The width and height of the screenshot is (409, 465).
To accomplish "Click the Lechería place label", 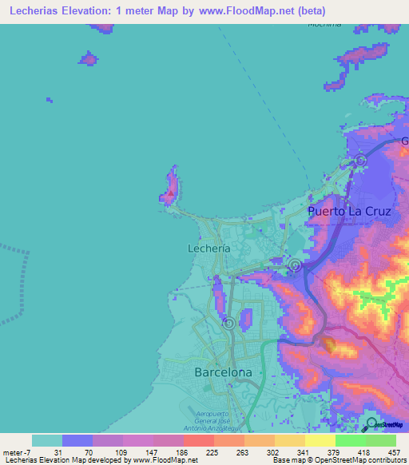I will tap(209, 248).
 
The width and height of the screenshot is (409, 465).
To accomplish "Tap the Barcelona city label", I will tap(224, 372).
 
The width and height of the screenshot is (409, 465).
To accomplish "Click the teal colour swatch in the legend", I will tap(47, 440).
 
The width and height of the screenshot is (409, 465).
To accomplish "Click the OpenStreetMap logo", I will tap(383, 425).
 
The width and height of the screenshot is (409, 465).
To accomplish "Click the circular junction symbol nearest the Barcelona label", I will tap(229, 324).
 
